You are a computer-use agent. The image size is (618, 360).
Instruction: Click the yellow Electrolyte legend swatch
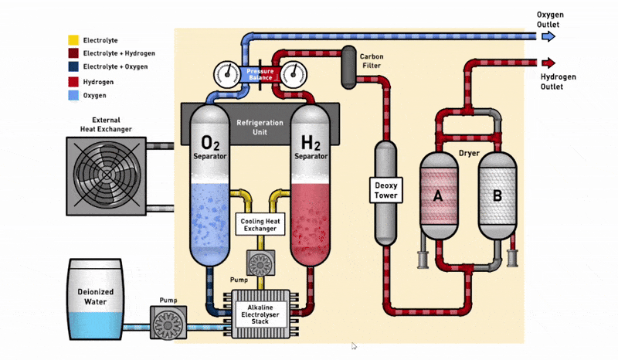point(73,39)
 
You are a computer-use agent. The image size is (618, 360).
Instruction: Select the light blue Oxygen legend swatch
point(73,95)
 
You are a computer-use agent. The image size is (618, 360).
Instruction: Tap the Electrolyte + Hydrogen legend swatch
point(73,53)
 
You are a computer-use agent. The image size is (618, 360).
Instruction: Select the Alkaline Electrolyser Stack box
point(260,312)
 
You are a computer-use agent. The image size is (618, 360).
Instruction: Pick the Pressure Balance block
point(260,75)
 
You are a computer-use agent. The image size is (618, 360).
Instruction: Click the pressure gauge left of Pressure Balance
point(226,75)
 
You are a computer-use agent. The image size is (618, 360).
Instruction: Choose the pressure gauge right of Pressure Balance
point(294,75)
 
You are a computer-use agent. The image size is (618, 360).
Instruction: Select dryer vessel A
point(438,195)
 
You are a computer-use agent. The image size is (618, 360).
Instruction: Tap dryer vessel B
point(497,195)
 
